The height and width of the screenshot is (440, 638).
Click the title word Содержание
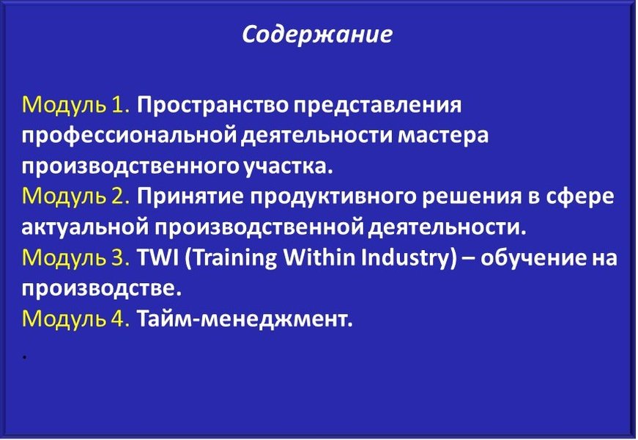point(317,34)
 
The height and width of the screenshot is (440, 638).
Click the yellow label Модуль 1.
point(76,106)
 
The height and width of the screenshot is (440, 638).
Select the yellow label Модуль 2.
point(76,197)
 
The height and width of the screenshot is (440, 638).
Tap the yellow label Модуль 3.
point(76,258)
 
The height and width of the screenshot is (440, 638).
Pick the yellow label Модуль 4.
point(76,319)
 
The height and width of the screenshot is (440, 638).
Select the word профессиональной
point(129,137)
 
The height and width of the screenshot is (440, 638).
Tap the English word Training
point(230,259)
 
